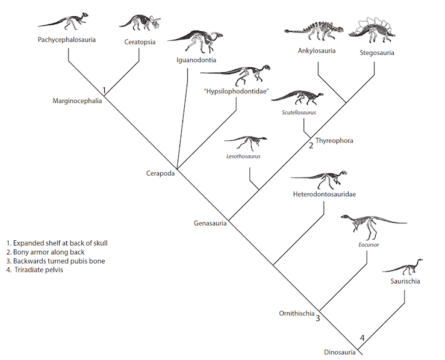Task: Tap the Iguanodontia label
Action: click(x=196, y=60)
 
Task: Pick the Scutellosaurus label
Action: click(x=299, y=112)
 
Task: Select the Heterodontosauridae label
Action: click(x=324, y=194)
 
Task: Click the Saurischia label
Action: click(x=404, y=281)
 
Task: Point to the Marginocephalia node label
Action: click(x=77, y=101)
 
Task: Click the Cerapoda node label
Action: click(x=160, y=173)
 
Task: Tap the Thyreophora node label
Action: click(x=334, y=140)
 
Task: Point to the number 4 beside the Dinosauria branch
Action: click(x=362, y=338)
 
